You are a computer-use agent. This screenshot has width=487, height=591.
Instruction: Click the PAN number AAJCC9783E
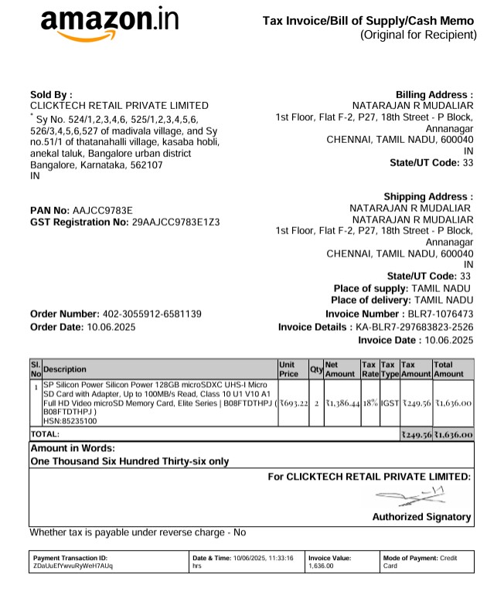click(x=103, y=210)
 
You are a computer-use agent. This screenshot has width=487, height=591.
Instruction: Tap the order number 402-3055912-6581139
click(x=152, y=314)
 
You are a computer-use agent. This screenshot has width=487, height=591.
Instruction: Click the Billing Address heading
click(x=434, y=94)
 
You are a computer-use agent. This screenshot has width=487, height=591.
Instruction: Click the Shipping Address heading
click(x=427, y=197)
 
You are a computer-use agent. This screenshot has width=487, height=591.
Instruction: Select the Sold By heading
click(x=51, y=94)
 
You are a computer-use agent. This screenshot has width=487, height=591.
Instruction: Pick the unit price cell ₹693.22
click(x=294, y=402)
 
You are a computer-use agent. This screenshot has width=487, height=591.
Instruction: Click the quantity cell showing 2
click(x=316, y=402)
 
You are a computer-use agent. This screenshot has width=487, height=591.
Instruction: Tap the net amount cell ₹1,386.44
click(x=342, y=402)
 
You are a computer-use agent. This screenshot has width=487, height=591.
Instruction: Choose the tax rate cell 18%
click(x=370, y=402)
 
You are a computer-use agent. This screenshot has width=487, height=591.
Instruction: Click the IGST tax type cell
click(x=389, y=402)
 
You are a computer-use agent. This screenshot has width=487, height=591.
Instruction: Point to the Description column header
click(x=65, y=369)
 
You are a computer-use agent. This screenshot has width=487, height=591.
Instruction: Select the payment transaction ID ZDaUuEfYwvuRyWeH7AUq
click(x=73, y=566)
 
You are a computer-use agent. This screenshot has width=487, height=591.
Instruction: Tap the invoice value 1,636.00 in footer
click(x=322, y=566)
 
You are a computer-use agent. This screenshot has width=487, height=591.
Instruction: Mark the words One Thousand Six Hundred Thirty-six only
click(x=129, y=461)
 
